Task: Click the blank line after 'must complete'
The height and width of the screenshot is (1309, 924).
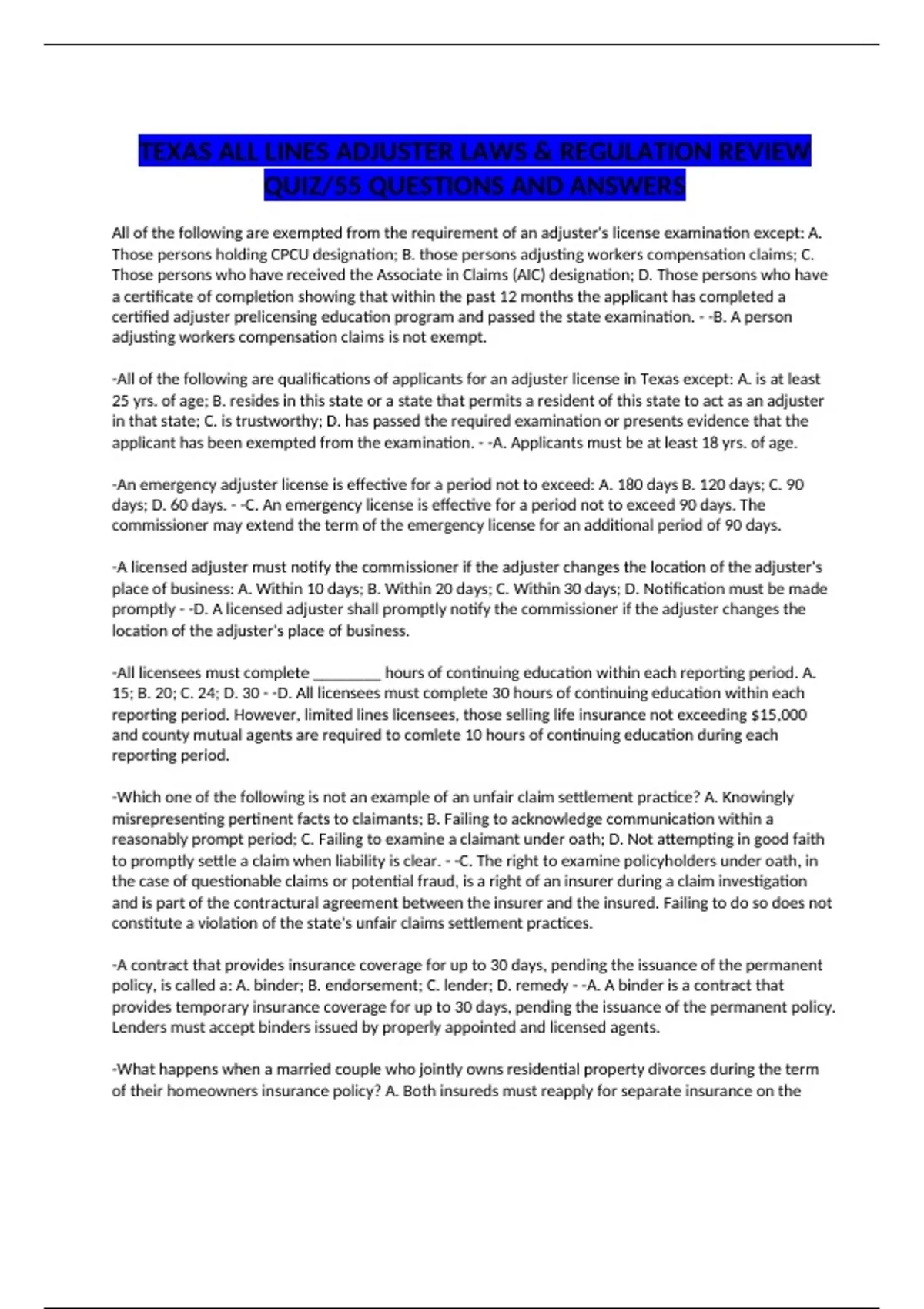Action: (346, 673)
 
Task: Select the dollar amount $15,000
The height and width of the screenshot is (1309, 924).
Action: (778, 715)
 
